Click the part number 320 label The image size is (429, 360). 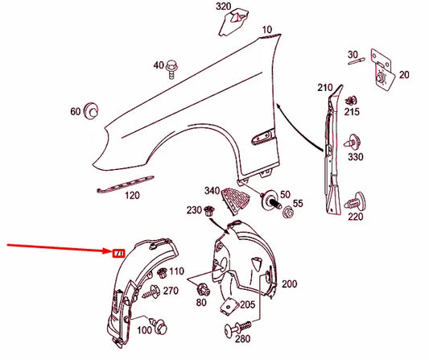pos(223,7)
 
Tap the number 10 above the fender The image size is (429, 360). pos(266,30)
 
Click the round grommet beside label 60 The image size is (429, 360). pos(92,110)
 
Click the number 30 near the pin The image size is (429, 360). pos(353,55)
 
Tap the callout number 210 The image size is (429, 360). pos(324,87)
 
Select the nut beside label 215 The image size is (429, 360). pos(350,101)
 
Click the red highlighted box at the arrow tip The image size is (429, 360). pos(117,254)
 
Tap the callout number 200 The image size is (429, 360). pos(289,283)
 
